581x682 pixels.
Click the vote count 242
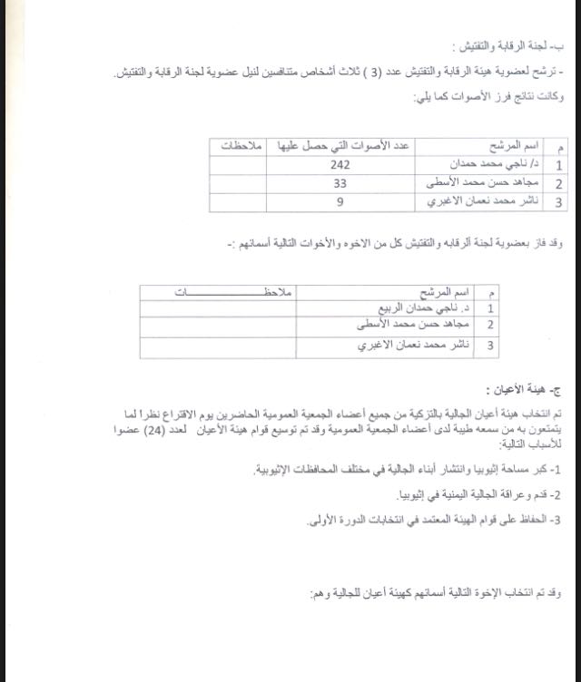coord(340,165)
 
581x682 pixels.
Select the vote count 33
coord(340,184)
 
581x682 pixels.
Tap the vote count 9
coord(340,202)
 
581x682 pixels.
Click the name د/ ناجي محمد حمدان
coord(493,165)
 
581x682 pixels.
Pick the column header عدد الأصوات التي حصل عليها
coord(340,146)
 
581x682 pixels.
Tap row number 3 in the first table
coord(557,203)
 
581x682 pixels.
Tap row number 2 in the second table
coord(490,325)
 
